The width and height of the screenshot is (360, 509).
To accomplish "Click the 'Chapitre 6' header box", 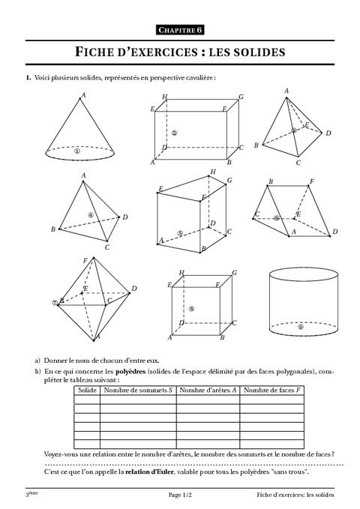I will point(180,29).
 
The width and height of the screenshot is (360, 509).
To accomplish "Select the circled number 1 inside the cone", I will point(77,149).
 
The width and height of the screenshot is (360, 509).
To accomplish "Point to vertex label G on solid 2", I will point(241,97).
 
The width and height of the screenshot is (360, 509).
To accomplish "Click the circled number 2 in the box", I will point(174,133).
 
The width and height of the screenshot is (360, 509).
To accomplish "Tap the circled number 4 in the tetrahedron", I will point(90,215).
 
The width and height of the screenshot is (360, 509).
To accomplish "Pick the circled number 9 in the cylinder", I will point(301,327).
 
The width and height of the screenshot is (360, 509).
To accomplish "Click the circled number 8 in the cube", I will point(192,308).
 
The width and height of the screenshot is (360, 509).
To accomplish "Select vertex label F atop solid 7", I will point(85,259).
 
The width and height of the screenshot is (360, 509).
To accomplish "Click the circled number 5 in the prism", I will point(181,233).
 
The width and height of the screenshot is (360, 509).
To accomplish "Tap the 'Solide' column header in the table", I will point(87,390).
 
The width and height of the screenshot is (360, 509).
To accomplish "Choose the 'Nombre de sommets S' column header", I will point(138,390).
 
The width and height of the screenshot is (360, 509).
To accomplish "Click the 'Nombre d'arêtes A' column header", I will point(208,390).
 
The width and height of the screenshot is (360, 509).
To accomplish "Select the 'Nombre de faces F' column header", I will point(272,390).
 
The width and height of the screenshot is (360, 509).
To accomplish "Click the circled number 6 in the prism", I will point(277,218).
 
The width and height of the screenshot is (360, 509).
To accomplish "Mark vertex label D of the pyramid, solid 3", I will point(328,133).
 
